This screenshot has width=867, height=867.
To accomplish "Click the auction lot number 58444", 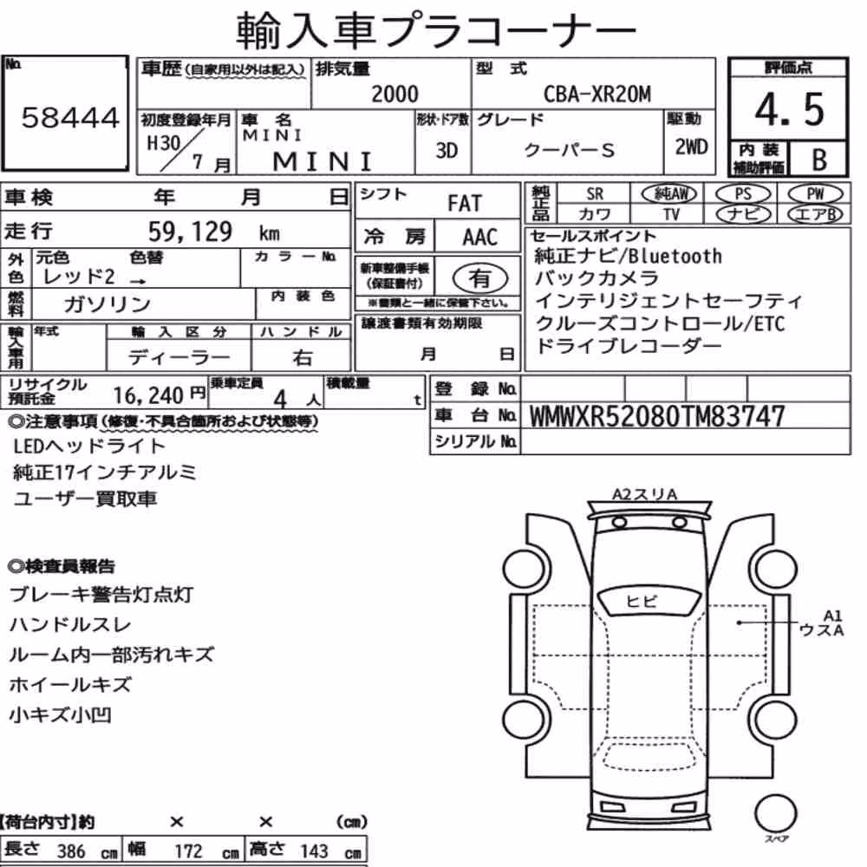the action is tap(70, 118).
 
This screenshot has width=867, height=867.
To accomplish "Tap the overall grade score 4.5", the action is tap(790, 109).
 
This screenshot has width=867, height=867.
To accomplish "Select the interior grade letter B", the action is tap(819, 160).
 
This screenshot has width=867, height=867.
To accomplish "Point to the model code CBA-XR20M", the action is tap(597, 94).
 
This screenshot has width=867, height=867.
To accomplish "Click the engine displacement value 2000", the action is tap(394, 94).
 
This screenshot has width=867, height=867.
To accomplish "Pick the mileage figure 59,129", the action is tap(190, 231).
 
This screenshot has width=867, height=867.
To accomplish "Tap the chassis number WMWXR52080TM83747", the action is tap(657, 416).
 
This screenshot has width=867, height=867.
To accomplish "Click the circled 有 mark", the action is tap(480, 278).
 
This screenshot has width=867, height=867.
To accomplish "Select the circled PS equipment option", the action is tap(743, 194).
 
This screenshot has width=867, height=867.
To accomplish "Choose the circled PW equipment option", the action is tap(815, 194).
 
